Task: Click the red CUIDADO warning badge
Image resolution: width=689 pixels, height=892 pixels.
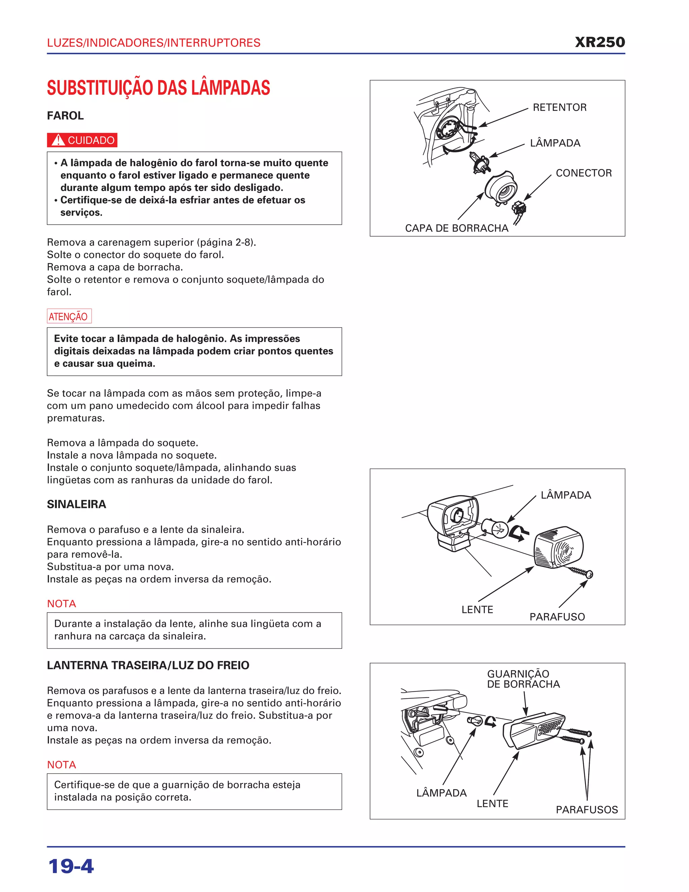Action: pyautogui.click(x=82, y=140)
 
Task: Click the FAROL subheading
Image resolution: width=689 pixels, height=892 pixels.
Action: pyautogui.click(x=65, y=115)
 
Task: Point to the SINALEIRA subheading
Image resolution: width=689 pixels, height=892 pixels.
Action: pyautogui.click(x=76, y=505)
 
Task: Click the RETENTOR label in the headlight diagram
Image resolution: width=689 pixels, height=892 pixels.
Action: pyautogui.click(x=559, y=107)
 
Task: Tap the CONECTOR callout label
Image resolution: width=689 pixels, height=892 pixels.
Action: pyautogui.click(x=584, y=173)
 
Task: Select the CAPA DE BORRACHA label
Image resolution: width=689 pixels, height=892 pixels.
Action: pyautogui.click(x=456, y=228)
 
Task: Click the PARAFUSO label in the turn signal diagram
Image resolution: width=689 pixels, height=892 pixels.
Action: pyautogui.click(x=557, y=617)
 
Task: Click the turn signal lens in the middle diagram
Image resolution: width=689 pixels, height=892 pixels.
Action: pyautogui.click(x=558, y=547)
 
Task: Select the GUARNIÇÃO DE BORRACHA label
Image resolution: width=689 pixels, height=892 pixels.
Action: pyautogui.click(x=523, y=679)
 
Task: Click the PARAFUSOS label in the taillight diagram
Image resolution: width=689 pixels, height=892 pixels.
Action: pyautogui.click(x=586, y=810)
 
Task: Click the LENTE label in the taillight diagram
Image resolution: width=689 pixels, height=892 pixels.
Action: pyautogui.click(x=492, y=803)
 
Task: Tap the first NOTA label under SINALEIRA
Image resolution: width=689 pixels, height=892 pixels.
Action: pyautogui.click(x=62, y=604)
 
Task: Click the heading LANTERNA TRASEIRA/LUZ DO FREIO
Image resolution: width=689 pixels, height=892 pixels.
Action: pyautogui.click(x=148, y=665)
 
